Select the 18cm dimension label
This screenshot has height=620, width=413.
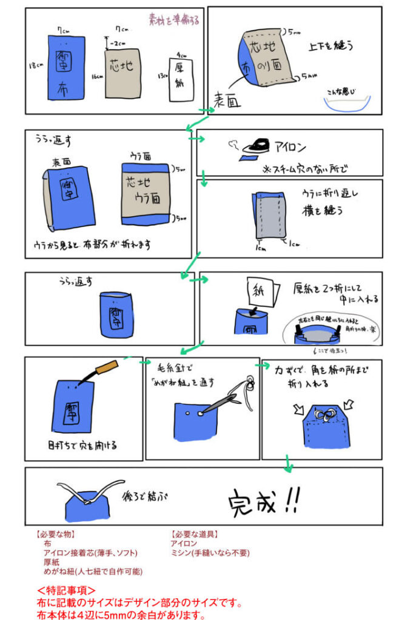pos(36,65)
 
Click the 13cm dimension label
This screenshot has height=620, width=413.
pos(161,76)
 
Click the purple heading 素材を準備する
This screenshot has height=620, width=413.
pos(174,19)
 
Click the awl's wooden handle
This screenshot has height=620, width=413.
pos(108,366)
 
